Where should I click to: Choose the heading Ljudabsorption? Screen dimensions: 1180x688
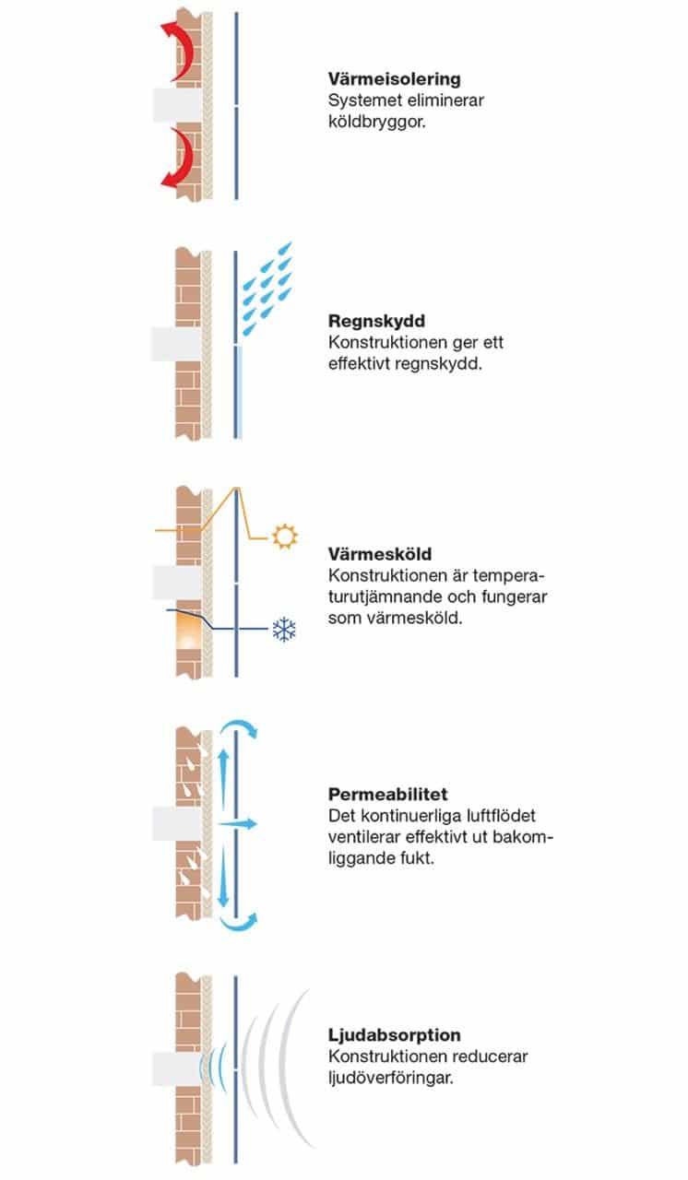tap(394, 1036)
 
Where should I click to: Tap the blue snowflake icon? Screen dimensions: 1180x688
tap(283, 631)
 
